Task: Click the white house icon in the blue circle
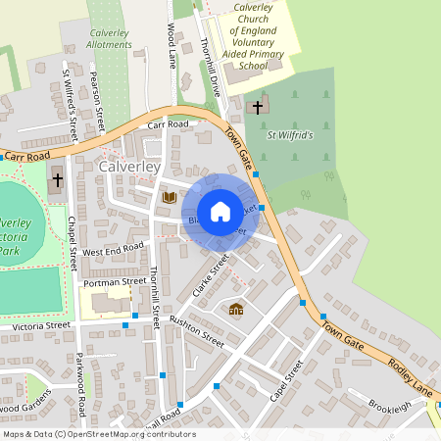point(220,211)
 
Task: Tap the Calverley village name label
point(129,168)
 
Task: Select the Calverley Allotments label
point(110,38)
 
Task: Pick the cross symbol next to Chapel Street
point(57,179)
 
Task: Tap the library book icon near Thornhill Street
point(169,197)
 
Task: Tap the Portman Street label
point(115,282)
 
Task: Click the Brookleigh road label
point(391,406)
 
